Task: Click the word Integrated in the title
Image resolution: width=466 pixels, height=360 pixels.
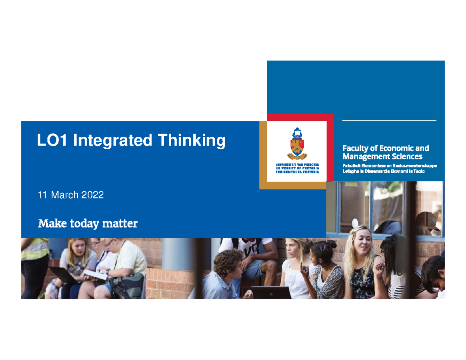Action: click(x=112, y=140)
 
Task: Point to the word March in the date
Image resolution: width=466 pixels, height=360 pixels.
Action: click(x=64, y=195)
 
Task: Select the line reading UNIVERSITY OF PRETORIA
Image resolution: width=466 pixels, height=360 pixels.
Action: click(x=297, y=168)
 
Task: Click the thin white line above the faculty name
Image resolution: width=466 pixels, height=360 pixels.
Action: click(x=389, y=121)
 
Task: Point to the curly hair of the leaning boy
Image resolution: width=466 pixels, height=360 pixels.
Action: click(x=228, y=259)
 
